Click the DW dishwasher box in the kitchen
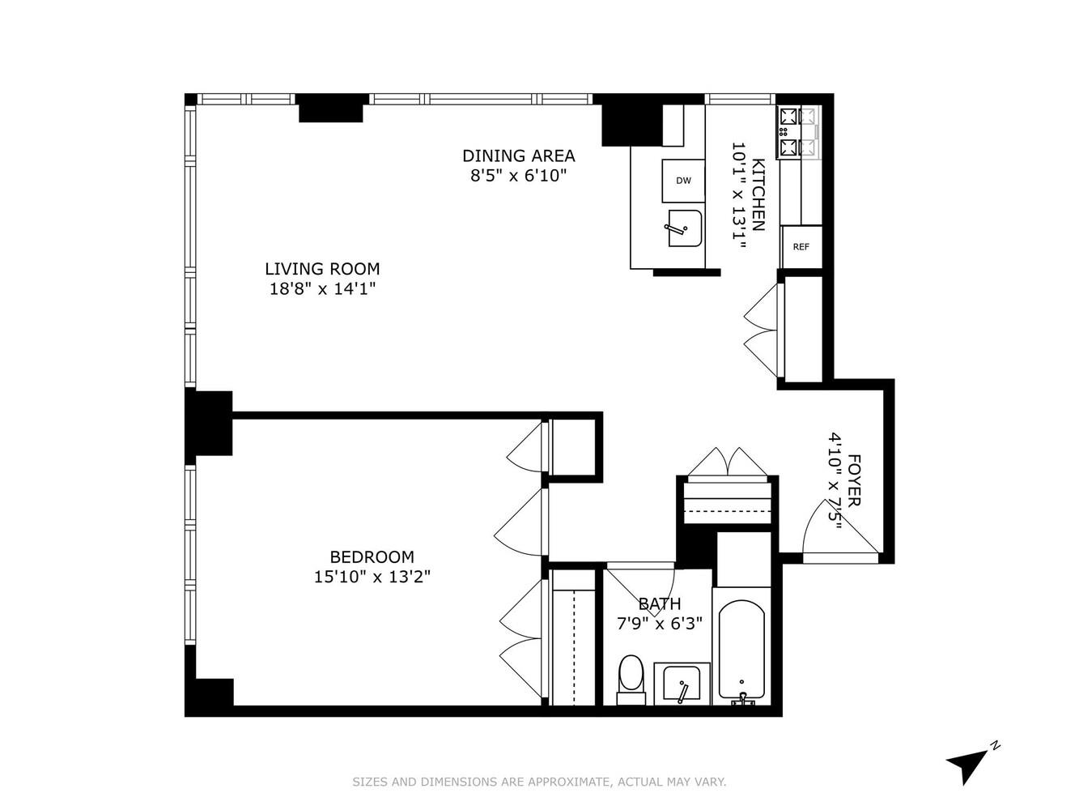pos(683,181)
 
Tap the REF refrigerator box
pos(801,247)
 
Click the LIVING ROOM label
pos(322,269)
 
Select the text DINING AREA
pos(518,156)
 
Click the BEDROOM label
pos(372,557)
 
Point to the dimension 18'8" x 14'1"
pos(322,288)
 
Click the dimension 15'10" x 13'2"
pos(372,577)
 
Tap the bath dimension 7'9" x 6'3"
pos(660,624)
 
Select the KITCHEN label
pos(758,194)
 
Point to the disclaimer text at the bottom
pos(539,782)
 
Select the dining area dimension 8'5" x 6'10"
pos(518,175)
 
